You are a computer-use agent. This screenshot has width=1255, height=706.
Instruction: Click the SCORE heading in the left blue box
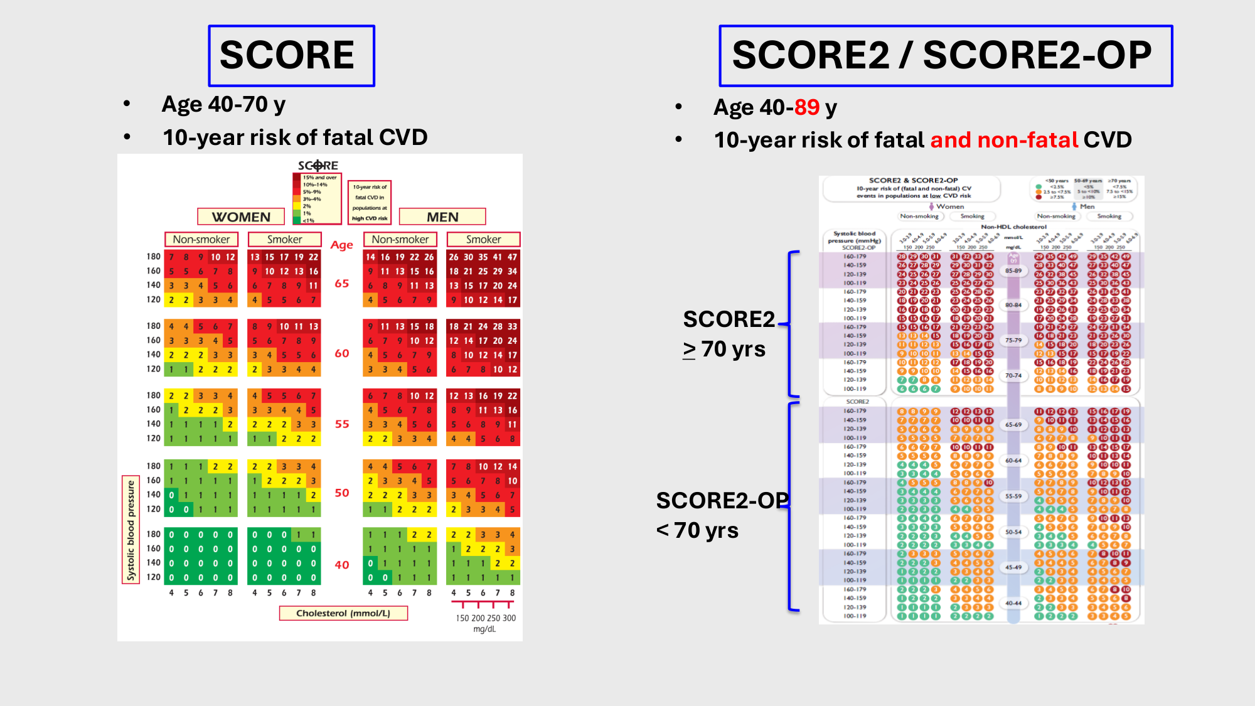(x=287, y=55)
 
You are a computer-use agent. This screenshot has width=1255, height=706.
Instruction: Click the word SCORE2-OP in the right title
(x=1037, y=55)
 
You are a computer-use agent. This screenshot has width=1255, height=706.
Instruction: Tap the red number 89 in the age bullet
(x=806, y=107)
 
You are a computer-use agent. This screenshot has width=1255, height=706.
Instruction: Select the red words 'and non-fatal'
(x=1004, y=140)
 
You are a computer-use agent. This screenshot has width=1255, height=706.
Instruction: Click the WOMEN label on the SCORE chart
(x=241, y=217)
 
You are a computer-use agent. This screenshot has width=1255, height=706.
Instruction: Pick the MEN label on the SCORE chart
(x=442, y=217)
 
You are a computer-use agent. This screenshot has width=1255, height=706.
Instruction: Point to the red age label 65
(x=342, y=284)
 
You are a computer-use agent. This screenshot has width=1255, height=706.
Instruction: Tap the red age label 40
(x=342, y=565)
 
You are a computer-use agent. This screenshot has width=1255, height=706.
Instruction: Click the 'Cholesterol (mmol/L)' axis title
(x=343, y=613)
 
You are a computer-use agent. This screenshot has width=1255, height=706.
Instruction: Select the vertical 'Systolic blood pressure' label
(x=131, y=530)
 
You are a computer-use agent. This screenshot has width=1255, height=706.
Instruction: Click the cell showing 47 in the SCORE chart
(x=512, y=257)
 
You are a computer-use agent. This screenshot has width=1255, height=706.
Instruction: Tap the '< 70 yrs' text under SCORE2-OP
(x=697, y=531)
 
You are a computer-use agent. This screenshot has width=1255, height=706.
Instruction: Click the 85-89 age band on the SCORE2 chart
(x=1013, y=270)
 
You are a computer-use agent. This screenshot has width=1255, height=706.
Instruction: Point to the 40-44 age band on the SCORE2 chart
(x=1013, y=603)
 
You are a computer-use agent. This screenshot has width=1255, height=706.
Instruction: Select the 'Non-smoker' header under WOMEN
(x=201, y=240)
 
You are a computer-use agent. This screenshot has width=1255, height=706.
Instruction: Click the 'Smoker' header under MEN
(x=483, y=240)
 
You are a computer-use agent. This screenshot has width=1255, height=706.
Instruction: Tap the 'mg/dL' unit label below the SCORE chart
(x=484, y=629)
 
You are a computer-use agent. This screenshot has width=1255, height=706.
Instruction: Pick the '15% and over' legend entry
(x=319, y=178)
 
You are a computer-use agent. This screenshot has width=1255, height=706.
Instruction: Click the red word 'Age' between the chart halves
(x=342, y=245)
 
